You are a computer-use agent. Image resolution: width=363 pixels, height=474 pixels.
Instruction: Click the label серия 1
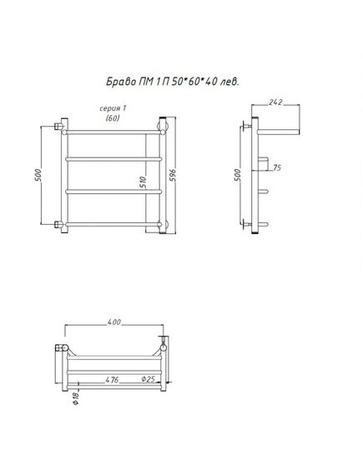pyautogui.click(x=113, y=108)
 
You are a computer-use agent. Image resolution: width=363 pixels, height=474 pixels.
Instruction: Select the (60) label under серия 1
pyautogui.click(x=113, y=118)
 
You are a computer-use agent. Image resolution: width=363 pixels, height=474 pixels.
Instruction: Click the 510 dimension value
pyautogui.click(x=144, y=182)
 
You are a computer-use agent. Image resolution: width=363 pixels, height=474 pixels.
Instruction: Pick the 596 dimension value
pyautogui.click(x=173, y=175)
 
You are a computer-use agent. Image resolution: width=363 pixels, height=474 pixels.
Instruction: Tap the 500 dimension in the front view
pyautogui.click(x=38, y=175)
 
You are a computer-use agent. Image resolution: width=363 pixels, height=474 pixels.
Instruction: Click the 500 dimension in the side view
pyautogui.click(x=238, y=175)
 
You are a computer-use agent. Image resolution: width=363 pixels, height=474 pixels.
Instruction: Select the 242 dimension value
pyautogui.click(x=275, y=102)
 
